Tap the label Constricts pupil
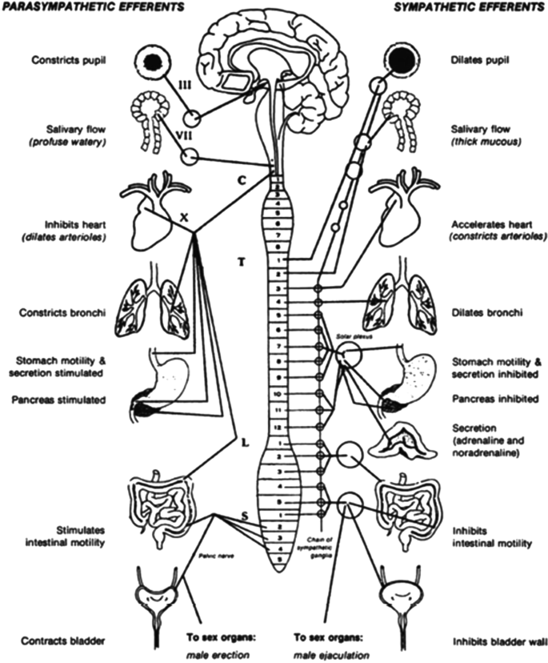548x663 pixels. (x=68, y=60)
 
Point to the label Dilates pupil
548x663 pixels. (x=478, y=60)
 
